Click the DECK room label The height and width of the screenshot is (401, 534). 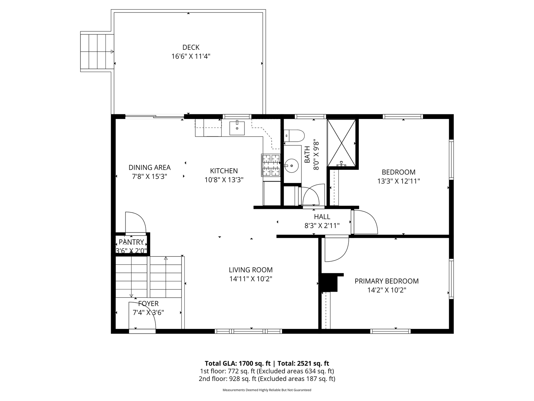(x=191, y=47)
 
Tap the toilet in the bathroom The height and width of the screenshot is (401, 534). (x=294, y=136)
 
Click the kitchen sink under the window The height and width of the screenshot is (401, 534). (x=237, y=127)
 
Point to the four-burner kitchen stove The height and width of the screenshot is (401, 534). (x=271, y=165)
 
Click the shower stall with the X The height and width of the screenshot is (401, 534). (x=341, y=143)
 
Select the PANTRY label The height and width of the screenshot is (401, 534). (x=131, y=242)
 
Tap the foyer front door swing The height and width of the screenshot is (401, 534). (x=142, y=316)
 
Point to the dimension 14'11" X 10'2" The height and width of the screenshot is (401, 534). (x=251, y=279)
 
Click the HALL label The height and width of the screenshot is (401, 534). (x=322, y=216)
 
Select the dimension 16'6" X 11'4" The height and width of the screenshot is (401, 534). (x=191, y=56)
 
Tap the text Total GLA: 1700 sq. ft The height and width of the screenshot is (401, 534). (x=238, y=363)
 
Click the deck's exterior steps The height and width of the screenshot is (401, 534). (x=97, y=52)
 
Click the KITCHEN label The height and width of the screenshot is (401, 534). (x=224, y=171)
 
